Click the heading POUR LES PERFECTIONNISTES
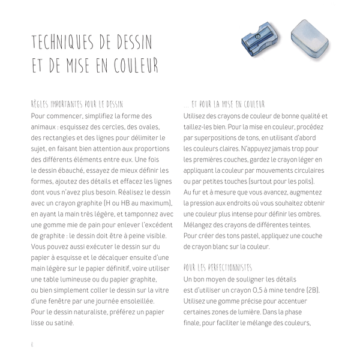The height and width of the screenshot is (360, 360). (217, 267)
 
